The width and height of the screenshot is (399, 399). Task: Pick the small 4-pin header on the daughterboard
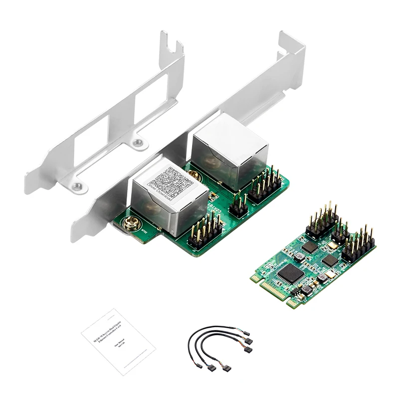click(239, 204)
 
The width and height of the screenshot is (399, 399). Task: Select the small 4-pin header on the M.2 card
click(340, 232)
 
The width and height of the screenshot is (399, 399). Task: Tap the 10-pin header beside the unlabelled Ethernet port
click(264, 185)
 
